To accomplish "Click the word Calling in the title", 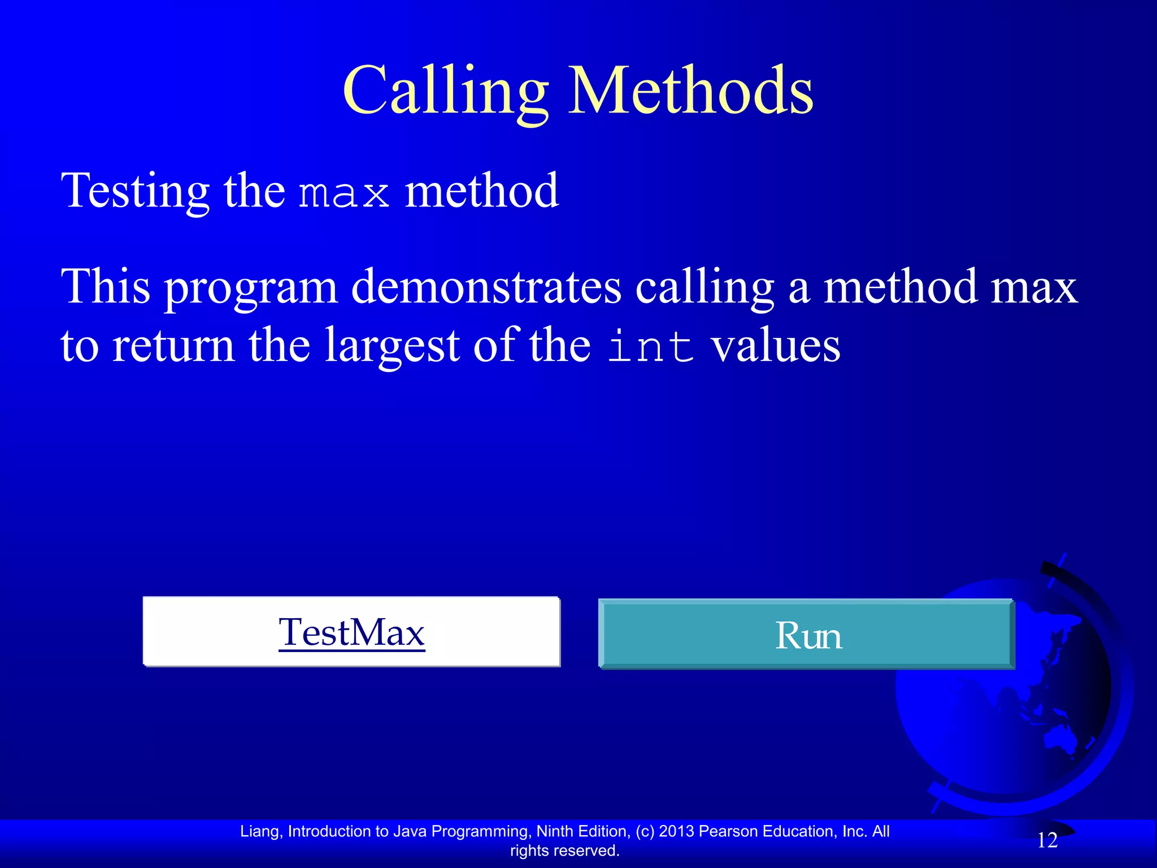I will coord(445,90).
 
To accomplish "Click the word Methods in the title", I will coord(690,90).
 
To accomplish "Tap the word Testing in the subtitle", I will coord(135,191).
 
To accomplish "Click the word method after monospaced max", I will coord(481,191).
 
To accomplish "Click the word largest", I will coord(392,346).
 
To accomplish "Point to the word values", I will coord(775,346).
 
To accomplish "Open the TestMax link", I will coord(351,632).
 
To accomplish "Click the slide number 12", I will coord(1047,840).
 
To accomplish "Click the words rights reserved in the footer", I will coord(564,850).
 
